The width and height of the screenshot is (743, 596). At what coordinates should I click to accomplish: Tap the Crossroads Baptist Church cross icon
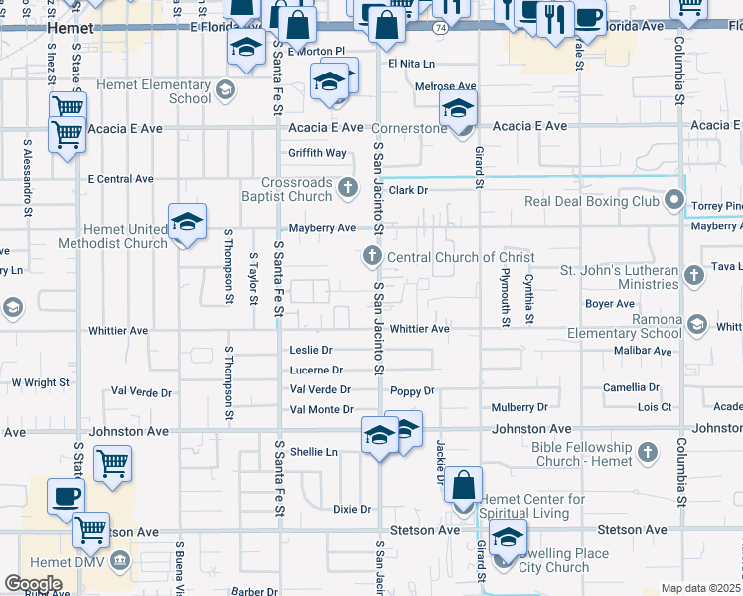(348, 186)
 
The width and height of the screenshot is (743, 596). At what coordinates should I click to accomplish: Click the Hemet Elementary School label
(162, 92)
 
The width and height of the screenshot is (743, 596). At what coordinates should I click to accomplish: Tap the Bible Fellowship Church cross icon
(648, 454)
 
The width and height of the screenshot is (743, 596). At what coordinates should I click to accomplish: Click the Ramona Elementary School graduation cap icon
(697, 325)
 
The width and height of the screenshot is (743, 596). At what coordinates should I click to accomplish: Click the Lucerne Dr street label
(316, 371)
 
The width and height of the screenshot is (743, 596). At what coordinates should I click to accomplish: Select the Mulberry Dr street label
(520, 408)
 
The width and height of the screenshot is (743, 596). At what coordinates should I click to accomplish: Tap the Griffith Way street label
(318, 153)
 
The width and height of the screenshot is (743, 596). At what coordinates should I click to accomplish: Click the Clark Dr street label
(408, 190)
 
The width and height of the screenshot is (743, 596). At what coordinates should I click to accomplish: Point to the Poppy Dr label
(413, 391)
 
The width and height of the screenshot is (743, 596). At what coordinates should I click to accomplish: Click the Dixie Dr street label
(352, 510)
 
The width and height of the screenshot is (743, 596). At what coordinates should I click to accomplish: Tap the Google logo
(33, 583)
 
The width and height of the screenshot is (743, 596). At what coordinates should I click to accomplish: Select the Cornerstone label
(409, 129)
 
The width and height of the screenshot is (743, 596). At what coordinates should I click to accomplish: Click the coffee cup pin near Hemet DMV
(67, 495)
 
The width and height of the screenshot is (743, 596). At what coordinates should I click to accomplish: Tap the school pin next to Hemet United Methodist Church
(187, 223)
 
